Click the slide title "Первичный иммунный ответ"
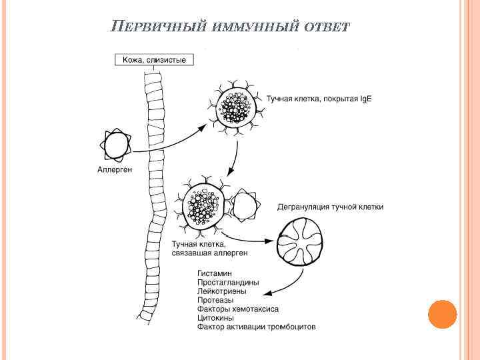(x=230, y=27)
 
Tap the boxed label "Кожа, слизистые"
(x=155, y=60)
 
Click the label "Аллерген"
(x=115, y=169)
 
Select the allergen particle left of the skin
(x=116, y=145)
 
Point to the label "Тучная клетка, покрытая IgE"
(x=319, y=99)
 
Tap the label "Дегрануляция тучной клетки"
(x=330, y=207)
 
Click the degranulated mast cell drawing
(x=299, y=241)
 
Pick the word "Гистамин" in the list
(x=215, y=273)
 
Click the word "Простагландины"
(x=228, y=283)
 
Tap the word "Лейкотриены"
(x=222, y=291)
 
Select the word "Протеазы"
(x=215, y=301)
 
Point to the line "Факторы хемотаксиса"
(x=237, y=309)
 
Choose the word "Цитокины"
(x=216, y=318)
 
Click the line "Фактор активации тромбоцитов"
(x=256, y=327)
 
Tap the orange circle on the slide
(x=442, y=314)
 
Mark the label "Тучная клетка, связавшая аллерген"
(x=210, y=249)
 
